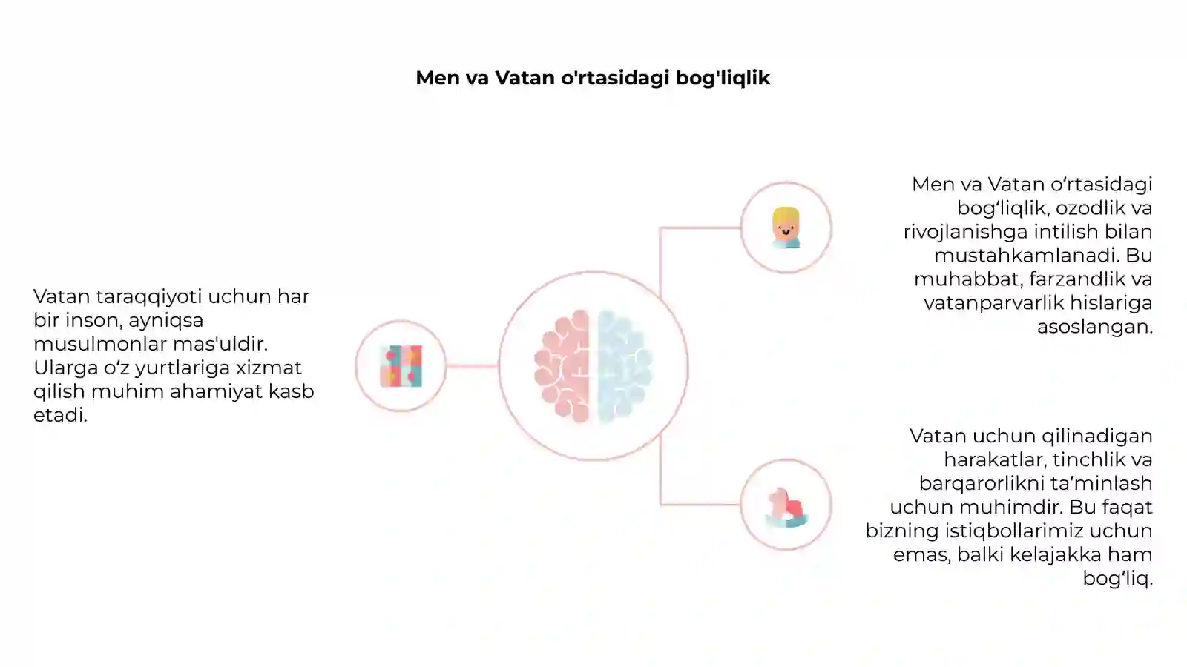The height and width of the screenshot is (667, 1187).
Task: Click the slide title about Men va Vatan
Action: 593,79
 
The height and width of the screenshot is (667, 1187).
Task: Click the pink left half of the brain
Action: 562,366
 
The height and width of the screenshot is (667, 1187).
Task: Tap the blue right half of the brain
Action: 625,366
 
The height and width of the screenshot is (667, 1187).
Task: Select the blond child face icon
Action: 786,228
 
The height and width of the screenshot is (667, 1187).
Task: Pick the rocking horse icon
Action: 786,508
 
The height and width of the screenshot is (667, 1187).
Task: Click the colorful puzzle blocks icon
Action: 401,366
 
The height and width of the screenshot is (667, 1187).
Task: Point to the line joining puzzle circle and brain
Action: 472,366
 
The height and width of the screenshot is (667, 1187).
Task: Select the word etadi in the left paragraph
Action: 60,415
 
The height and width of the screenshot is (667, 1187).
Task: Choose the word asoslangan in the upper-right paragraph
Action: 1095,328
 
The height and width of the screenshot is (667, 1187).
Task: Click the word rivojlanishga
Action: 965,233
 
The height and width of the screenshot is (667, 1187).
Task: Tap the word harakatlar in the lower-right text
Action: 995,460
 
